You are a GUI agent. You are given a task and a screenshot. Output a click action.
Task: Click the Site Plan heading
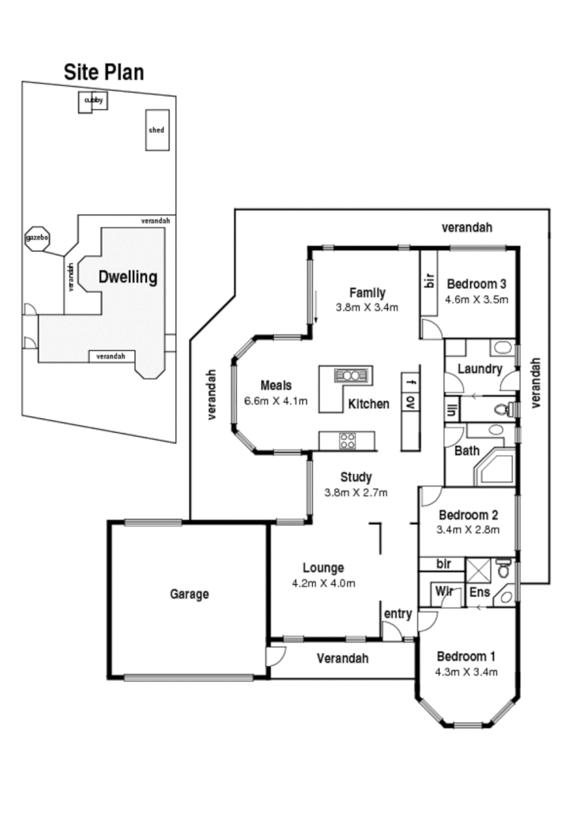pos(103,72)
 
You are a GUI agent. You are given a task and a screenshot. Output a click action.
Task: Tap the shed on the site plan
pos(156,129)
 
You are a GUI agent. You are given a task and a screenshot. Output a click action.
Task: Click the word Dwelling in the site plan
pos(127,277)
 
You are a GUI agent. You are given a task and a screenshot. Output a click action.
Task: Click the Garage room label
pos(189,594)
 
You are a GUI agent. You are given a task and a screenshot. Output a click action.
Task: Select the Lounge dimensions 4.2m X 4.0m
pos(323,583)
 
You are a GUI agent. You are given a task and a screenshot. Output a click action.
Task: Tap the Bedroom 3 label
pos(477,283)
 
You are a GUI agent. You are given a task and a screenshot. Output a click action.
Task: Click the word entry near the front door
pos(397,614)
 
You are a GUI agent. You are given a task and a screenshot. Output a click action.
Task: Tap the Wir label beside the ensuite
pos(444,592)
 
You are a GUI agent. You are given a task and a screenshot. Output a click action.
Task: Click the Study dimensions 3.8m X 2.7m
pos(356,492)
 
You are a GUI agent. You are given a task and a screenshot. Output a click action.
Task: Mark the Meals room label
pos(276,385)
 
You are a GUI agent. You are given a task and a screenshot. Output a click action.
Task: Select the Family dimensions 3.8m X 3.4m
pos(367,307)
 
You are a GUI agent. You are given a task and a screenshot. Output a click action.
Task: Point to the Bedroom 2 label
pos(468,514)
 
